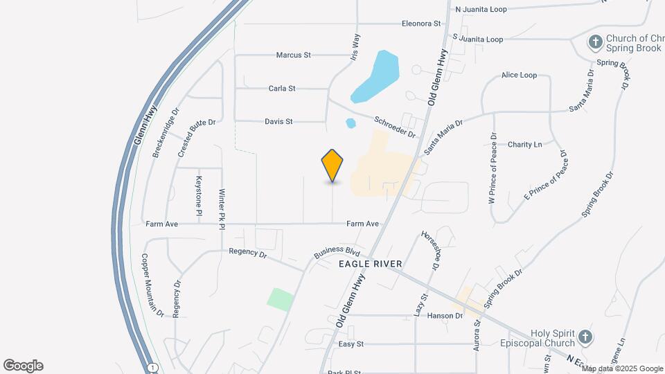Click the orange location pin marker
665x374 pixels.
[332, 166]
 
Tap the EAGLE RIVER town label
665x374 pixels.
[371, 264]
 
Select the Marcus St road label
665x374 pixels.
[294, 54]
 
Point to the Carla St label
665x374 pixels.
[282, 88]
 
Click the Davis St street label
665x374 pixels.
[278, 121]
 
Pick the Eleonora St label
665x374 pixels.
[421, 24]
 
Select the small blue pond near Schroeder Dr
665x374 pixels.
[351, 123]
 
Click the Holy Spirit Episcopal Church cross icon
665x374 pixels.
[585, 337]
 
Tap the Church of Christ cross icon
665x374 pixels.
[594, 42]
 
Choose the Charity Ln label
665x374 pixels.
[524, 145]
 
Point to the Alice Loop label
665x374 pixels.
[519, 75]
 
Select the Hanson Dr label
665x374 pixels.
[445, 316]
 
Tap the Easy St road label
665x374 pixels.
[351, 344]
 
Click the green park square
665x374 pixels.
[281, 299]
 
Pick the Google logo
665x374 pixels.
[23, 365]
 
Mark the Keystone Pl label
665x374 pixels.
[199, 195]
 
